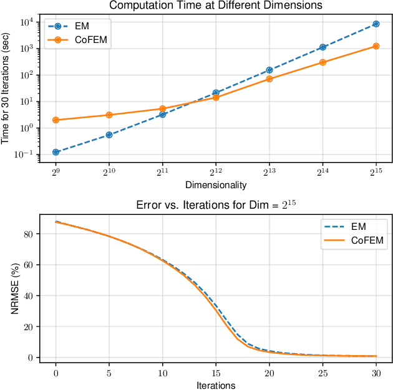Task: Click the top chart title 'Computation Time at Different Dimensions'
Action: [x=215, y=6]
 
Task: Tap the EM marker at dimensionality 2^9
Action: [x=56, y=152]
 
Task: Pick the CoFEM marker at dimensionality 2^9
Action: [x=56, y=120]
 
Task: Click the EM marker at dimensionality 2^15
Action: [x=376, y=24]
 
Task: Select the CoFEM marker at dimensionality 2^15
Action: [x=376, y=46]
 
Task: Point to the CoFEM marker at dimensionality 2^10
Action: [x=109, y=115]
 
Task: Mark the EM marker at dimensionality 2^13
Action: [x=269, y=70]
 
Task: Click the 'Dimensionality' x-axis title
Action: [x=216, y=184]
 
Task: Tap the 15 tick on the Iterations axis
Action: [x=216, y=373]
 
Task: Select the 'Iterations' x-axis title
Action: [x=216, y=385]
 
